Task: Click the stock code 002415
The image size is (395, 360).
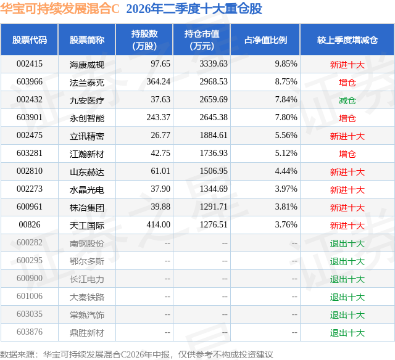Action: (x=30, y=64)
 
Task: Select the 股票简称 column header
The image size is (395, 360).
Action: (x=87, y=39)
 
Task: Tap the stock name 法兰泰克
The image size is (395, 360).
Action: (x=87, y=83)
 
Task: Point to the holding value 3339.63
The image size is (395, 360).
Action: (x=214, y=64)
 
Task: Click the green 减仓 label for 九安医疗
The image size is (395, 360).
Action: (x=347, y=100)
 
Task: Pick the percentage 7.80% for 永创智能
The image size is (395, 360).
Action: (x=286, y=118)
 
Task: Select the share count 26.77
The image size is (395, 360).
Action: (x=160, y=136)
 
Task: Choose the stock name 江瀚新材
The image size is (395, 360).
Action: (x=87, y=154)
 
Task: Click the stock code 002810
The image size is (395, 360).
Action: (x=30, y=171)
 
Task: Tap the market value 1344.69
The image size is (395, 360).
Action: (x=214, y=189)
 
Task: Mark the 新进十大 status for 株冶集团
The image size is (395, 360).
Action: (x=347, y=208)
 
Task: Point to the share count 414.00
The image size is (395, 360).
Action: (x=158, y=224)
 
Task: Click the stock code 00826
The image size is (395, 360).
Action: (x=30, y=224)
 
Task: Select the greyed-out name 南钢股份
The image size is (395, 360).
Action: (x=87, y=243)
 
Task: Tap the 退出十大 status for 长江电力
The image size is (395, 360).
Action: (x=347, y=279)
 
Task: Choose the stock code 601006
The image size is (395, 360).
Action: (x=30, y=296)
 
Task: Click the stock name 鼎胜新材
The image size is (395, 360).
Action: (x=87, y=333)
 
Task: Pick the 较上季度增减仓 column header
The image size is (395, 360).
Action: (x=347, y=39)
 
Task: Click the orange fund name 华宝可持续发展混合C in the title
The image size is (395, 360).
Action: (x=60, y=9)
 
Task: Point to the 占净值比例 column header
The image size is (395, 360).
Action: (x=265, y=39)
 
